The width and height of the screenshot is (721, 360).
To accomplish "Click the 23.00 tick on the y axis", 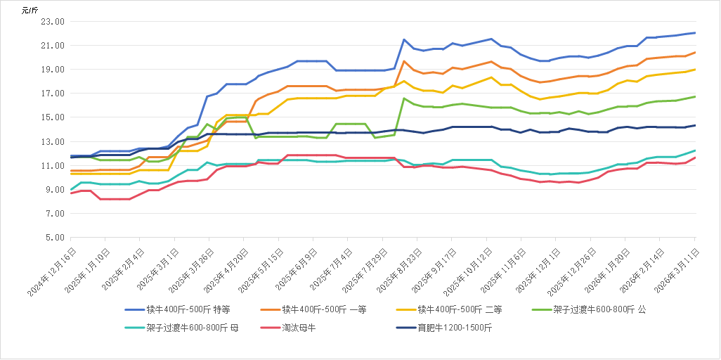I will [x=53, y=22].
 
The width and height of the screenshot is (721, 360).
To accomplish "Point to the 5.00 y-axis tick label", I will [x=56, y=238].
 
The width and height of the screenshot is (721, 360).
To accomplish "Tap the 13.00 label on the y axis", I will [x=53, y=142].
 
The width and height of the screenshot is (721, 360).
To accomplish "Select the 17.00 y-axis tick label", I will [x=53, y=94].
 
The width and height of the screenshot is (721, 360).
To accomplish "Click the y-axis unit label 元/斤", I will [x=30, y=9].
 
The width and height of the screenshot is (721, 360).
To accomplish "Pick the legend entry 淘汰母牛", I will [x=299, y=328].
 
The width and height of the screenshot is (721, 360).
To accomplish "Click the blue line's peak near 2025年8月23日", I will [x=404, y=39].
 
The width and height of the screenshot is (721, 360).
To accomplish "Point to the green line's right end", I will [x=696, y=96].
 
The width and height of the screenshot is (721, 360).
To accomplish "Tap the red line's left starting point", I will [x=72, y=193].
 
